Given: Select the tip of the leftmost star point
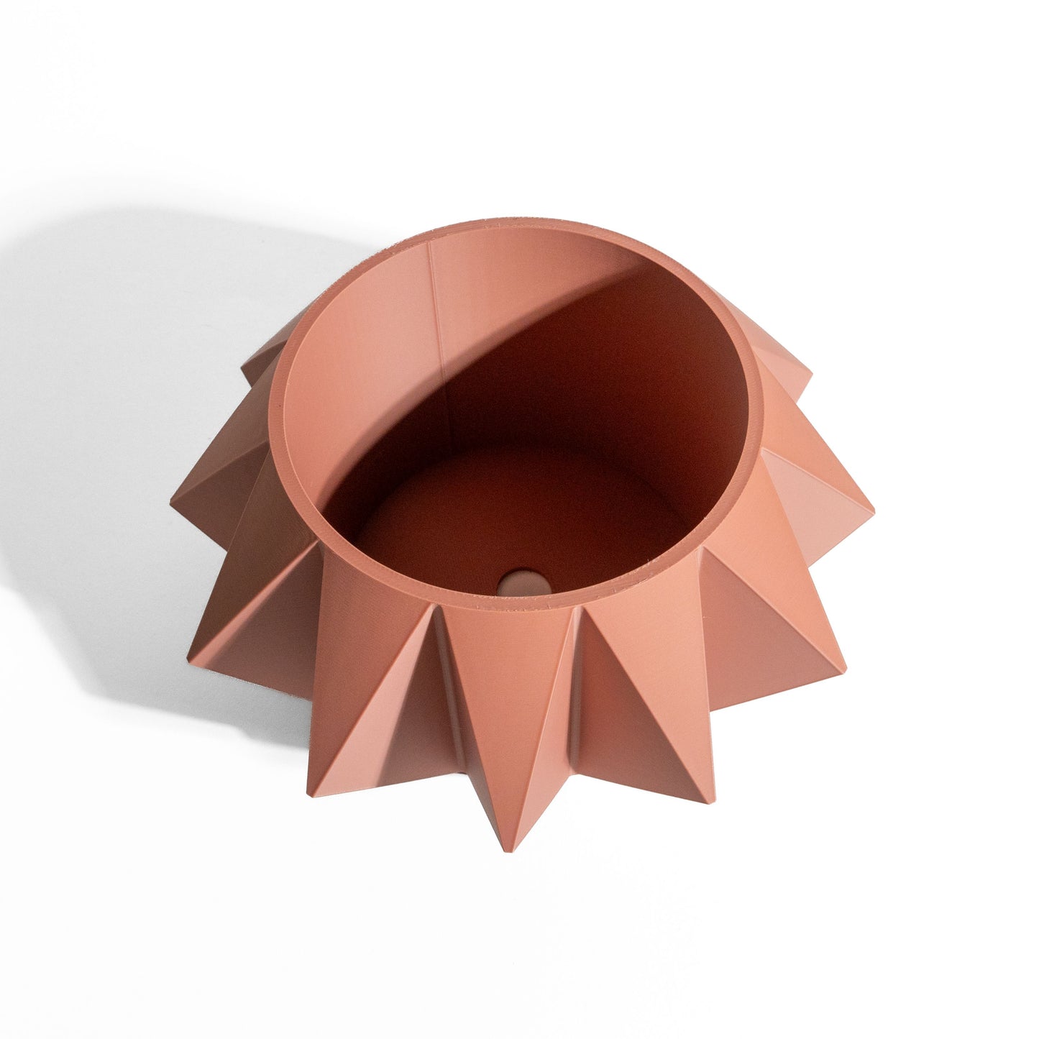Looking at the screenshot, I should click(173, 500).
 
